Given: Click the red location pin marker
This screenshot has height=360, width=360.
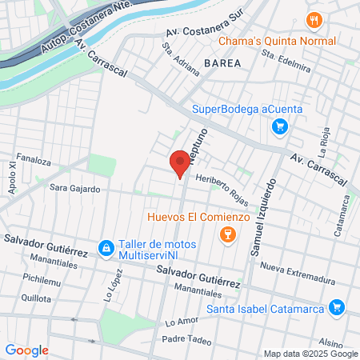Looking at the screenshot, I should (180, 163).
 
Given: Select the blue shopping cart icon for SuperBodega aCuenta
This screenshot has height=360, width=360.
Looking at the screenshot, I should (279, 126).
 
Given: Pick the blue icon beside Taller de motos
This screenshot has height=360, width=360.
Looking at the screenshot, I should (106, 249).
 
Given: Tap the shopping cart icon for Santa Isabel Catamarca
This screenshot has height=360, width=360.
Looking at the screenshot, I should (336, 307).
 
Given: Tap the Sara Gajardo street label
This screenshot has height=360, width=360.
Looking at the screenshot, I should (74, 189).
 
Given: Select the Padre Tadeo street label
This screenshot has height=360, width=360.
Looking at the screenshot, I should (186, 339).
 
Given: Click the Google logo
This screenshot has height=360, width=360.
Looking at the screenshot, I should (26, 350).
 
